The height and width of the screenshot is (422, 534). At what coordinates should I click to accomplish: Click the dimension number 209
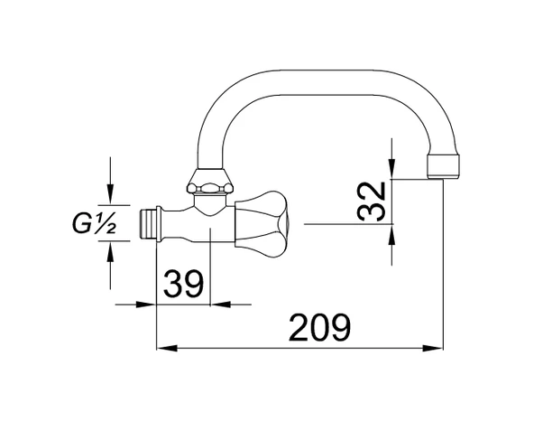[319, 328]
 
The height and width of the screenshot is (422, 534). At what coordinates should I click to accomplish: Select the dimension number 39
[184, 284]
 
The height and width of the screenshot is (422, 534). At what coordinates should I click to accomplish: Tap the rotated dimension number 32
[372, 202]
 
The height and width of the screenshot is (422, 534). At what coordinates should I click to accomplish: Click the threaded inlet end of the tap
[148, 223]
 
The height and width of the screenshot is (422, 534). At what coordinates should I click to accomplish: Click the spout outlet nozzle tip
[443, 167]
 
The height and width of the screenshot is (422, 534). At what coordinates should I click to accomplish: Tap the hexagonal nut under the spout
[209, 181]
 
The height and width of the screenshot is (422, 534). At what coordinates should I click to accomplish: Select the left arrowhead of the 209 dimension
[167, 348]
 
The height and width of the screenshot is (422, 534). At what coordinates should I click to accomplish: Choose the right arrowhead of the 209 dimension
[432, 348]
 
